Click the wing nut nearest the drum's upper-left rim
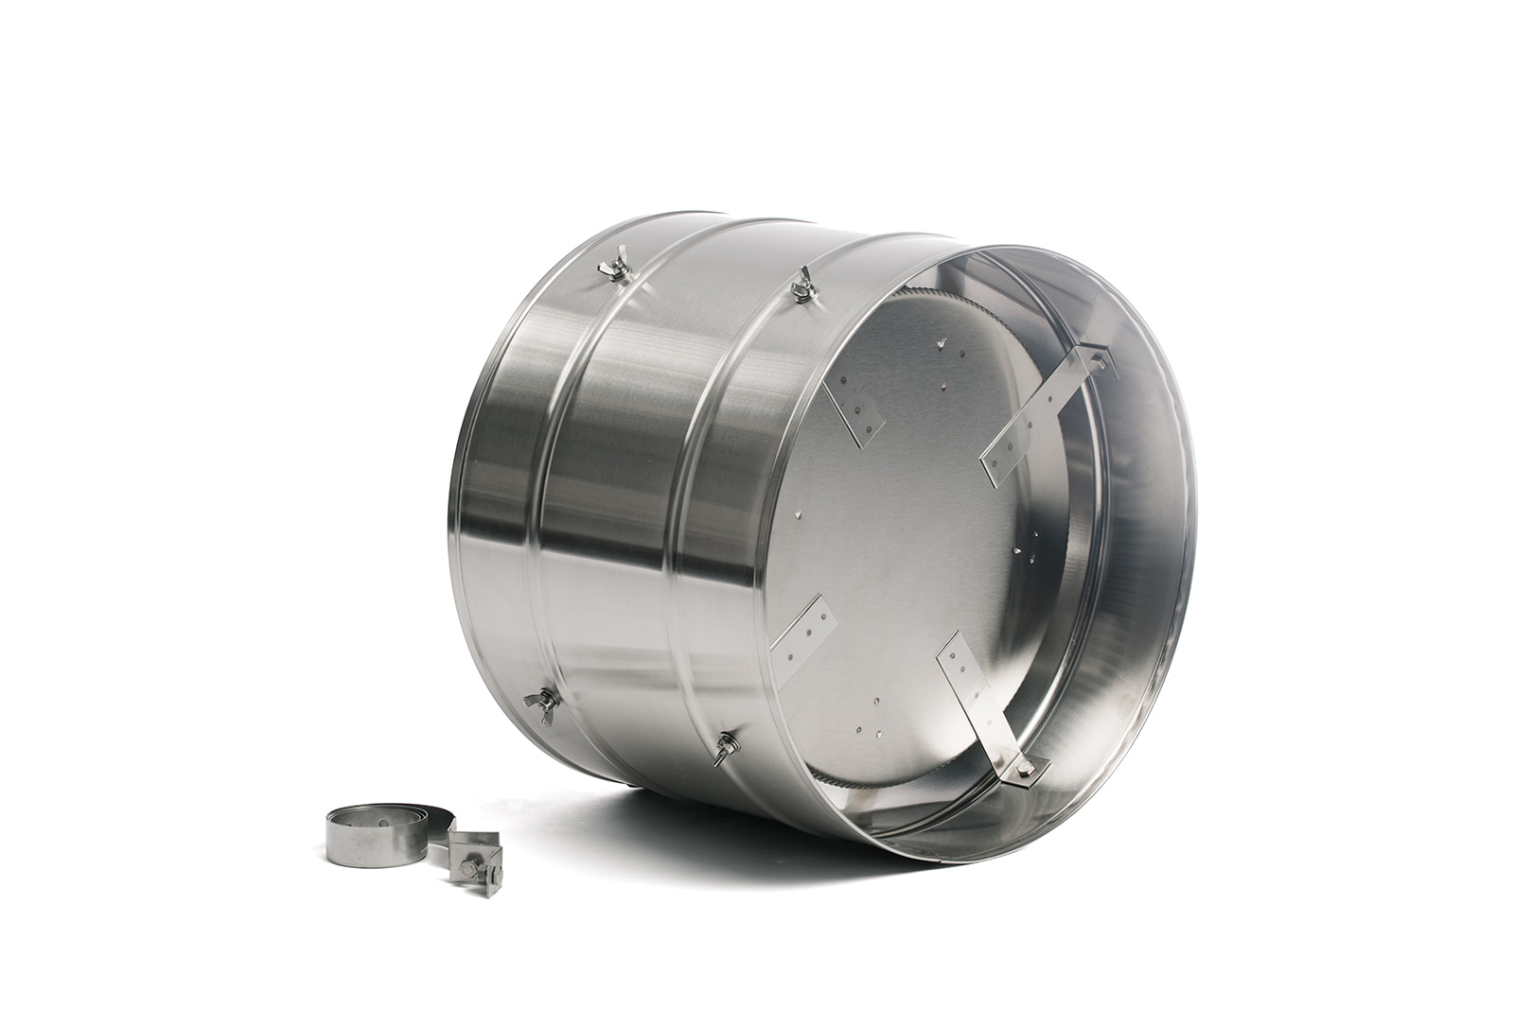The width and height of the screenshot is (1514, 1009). coord(615,265)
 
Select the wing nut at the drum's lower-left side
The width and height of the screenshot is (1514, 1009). coord(541,705)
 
